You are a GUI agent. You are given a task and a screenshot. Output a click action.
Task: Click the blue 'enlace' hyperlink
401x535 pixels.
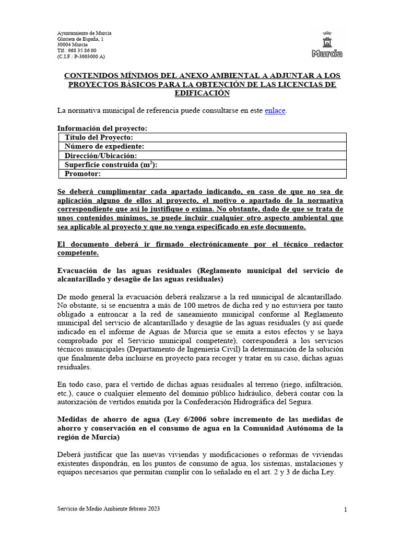click(x=275, y=110)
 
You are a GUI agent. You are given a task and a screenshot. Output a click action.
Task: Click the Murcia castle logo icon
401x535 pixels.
click(x=327, y=44)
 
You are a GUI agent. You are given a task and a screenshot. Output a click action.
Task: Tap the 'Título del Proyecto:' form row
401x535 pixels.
click(x=201, y=137)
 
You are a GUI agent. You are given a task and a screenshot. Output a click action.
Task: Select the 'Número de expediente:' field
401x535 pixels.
click(x=201, y=147)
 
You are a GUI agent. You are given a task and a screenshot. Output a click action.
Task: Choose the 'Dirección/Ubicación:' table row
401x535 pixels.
click(x=201, y=156)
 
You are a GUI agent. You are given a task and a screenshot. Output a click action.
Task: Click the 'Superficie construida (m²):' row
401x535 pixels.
click(x=201, y=165)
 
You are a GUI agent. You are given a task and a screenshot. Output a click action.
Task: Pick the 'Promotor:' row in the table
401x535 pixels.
click(x=201, y=174)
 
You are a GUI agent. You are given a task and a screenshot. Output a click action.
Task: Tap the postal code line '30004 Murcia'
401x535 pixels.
click(x=73, y=45)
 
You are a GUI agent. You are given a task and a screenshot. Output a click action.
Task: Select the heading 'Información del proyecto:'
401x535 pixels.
click(x=102, y=128)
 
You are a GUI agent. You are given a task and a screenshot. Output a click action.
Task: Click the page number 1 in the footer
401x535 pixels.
click(x=346, y=509)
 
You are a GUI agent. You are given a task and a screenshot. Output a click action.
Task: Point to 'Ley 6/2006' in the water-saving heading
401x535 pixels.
click(x=186, y=419)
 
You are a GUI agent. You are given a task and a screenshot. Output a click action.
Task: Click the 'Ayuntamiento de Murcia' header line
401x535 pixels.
click(x=84, y=33)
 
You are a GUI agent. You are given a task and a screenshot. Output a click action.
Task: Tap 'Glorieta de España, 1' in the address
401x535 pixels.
click(x=80, y=39)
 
